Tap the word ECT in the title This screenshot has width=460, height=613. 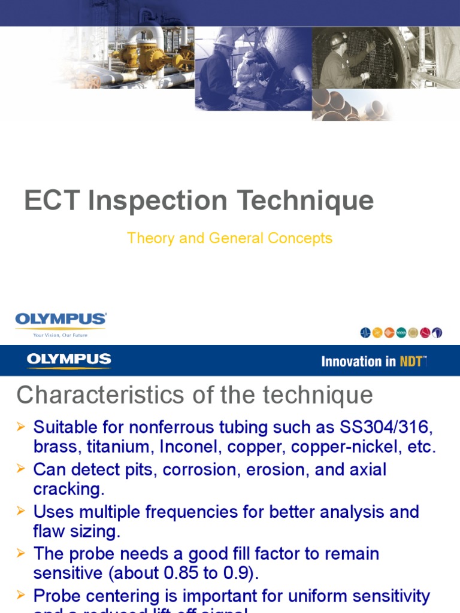click(52, 201)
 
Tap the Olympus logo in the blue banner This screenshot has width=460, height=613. click(69, 360)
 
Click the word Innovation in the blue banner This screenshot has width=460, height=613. click(351, 361)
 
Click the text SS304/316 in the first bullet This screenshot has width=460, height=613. click(386, 428)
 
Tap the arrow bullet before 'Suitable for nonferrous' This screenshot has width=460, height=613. click(21, 427)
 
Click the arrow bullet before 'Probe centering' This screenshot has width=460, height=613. click(21, 595)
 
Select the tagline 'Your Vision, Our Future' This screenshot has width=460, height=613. click(60, 335)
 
